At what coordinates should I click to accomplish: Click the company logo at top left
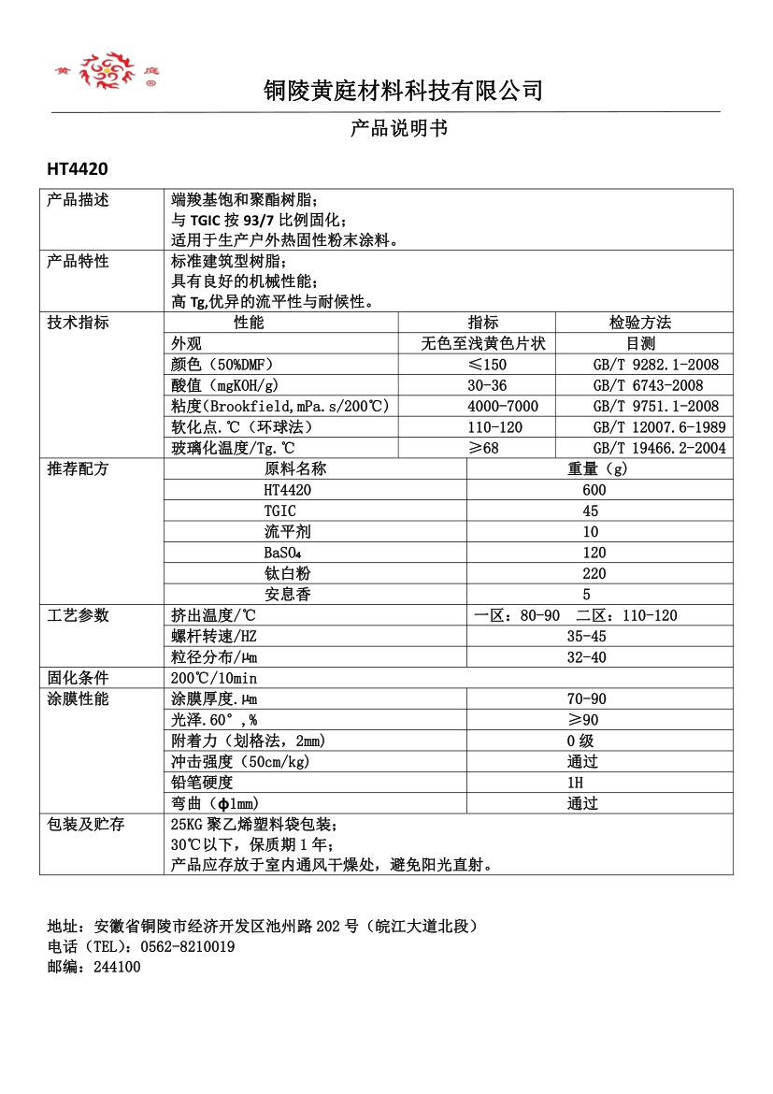(x=106, y=71)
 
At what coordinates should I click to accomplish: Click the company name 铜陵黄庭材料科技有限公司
(x=403, y=91)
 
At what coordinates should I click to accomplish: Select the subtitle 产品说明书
(x=399, y=128)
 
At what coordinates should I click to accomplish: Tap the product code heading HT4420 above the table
(x=78, y=169)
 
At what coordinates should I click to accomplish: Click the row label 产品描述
(x=79, y=200)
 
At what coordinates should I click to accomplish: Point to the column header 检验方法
(x=640, y=323)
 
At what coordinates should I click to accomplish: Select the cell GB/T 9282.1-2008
(x=655, y=365)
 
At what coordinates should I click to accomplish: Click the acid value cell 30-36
(x=487, y=385)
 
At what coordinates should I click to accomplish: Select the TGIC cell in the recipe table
(x=280, y=511)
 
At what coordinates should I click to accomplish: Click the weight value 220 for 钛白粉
(x=594, y=573)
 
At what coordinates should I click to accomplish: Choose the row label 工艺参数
(x=79, y=615)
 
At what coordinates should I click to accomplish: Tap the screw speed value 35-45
(x=586, y=636)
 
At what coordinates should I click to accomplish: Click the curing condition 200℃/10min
(x=214, y=678)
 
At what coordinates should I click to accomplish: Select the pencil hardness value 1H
(x=575, y=783)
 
